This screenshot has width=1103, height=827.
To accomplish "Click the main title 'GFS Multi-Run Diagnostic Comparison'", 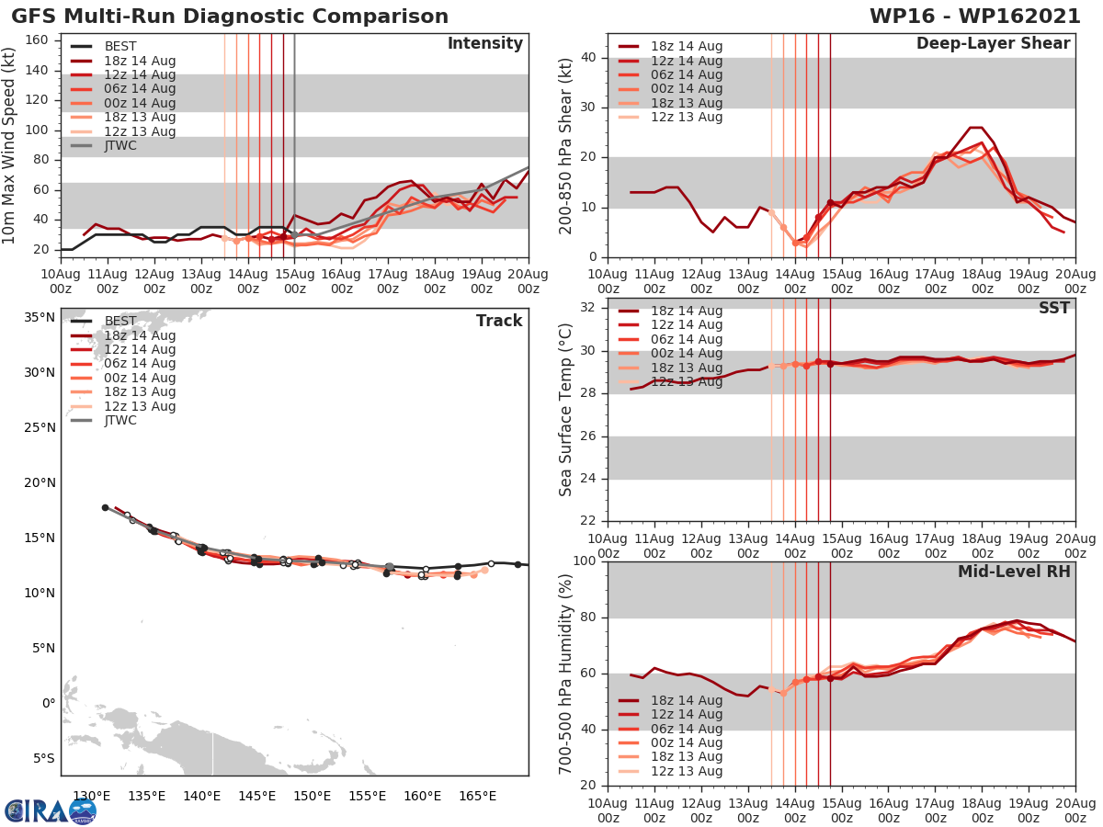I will click(x=230, y=17).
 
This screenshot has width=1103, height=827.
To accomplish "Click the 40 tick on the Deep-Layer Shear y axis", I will click(x=592, y=58).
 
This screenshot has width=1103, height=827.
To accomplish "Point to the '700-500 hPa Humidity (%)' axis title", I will click(x=565, y=674).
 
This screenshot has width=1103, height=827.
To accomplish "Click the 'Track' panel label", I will click(x=499, y=321).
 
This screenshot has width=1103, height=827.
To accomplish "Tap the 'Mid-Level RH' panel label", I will click(x=1014, y=572).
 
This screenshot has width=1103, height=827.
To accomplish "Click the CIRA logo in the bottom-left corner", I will click(x=50, y=810).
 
